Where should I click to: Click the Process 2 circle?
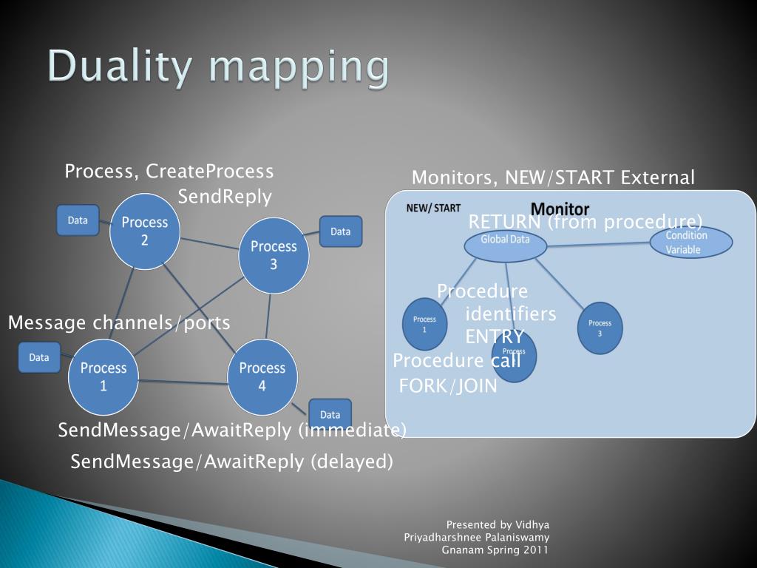pyautogui.click(x=145, y=231)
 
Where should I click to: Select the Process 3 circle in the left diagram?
pyautogui.click(x=274, y=255)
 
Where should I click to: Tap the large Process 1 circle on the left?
pyautogui.click(x=103, y=376)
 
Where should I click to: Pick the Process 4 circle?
pyautogui.click(x=262, y=376)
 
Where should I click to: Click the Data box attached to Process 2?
pyautogui.click(x=78, y=220)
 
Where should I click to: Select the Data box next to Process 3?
pyautogui.click(x=340, y=231)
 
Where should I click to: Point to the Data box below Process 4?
pyautogui.click(x=330, y=414)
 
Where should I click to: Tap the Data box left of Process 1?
pyautogui.click(x=39, y=357)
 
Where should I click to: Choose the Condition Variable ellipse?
pyautogui.click(x=690, y=243)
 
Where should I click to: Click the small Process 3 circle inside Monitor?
pyautogui.click(x=600, y=328)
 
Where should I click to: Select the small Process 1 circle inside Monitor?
pyautogui.click(x=424, y=324)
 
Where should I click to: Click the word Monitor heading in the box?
pyautogui.click(x=560, y=209)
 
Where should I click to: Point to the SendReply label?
pyautogui.click(x=225, y=197)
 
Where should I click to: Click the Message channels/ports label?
pyautogui.click(x=119, y=322)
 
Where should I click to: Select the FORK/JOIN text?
pyautogui.click(x=448, y=386)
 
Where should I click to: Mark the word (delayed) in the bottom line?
pyautogui.click(x=351, y=461)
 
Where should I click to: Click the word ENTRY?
pyautogui.click(x=494, y=337)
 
